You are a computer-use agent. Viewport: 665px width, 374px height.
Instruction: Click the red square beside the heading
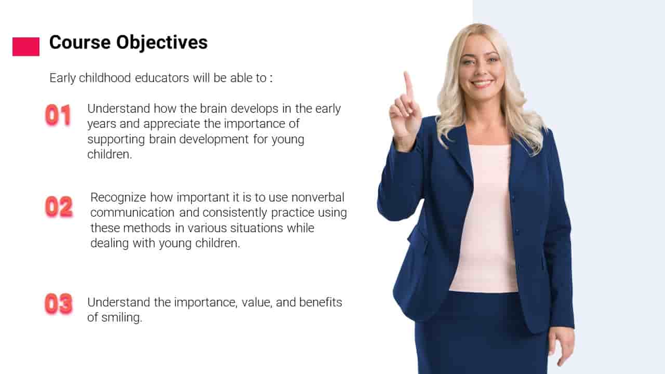pos(26,47)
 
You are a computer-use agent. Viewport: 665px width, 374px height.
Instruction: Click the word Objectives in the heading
pos(162,43)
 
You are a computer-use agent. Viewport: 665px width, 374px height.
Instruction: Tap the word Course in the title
pos(80,42)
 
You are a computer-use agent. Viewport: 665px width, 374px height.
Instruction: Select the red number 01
pos(58,115)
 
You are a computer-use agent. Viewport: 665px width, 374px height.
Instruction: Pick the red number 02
pos(59,207)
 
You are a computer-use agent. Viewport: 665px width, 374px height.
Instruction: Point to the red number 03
pos(59,304)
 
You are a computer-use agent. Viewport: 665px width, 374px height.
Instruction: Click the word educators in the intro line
pos(162,78)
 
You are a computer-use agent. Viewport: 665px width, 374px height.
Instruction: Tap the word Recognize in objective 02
pos(118,198)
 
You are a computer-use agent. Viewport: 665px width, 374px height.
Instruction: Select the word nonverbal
pos(317,197)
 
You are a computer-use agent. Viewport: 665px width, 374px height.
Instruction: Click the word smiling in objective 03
pos(122,318)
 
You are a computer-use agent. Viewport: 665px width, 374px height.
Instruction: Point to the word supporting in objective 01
pos(116,140)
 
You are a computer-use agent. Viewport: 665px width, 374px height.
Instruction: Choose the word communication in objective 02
pos(132,212)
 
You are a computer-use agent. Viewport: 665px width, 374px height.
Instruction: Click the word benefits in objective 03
pos(321,302)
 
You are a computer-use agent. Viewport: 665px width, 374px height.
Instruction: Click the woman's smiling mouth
pos(482,84)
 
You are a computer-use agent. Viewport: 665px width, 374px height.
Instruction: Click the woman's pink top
pos(487,220)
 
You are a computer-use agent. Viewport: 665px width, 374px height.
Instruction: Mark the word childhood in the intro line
pos(105,78)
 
